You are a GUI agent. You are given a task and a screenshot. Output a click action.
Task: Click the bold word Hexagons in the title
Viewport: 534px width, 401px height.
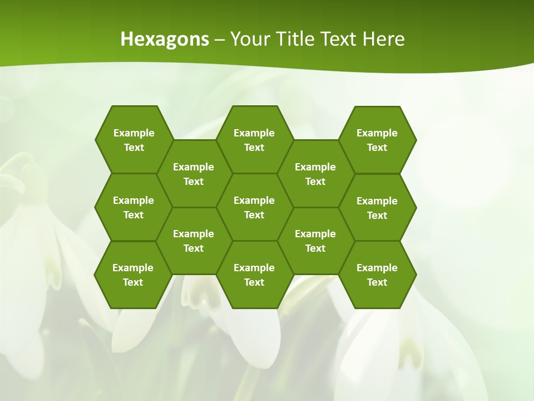pyautogui.click(x=165, y=39)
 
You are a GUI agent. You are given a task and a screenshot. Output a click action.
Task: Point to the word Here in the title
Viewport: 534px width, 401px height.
pyautogui.click(x=383, y=39)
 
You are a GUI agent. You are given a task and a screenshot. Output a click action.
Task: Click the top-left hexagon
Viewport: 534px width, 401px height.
pyautogui.click(x=133, y=140)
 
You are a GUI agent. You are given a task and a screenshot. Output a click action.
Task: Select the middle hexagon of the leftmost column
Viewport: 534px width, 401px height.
pyautogui.click(x=133, y=207)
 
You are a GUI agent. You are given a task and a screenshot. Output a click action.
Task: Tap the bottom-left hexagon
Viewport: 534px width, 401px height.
pyautogui.click(x=133, y=275)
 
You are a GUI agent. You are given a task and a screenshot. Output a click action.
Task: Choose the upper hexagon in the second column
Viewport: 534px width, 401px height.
pyautogui.click(x=194, y=174)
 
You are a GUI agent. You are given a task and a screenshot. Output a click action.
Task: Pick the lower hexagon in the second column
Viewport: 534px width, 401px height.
pyautogui.click(x=194, y=241)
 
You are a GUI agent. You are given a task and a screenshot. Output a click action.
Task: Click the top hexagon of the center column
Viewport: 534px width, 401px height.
pyautogui.click(x=254, y=140)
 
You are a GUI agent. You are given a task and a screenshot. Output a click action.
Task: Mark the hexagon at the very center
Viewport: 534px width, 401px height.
pyautogui.click(x=254, y=207)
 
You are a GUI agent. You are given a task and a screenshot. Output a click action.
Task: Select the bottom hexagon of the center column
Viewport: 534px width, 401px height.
pyautogui.click(x=254, y=275)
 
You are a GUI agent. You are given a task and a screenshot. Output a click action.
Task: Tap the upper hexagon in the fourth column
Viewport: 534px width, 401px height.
pyautogui.click(x=315, y=174)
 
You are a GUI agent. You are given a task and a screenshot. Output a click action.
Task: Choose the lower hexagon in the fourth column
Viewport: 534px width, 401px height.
pyautogui.click(x=315, y=241)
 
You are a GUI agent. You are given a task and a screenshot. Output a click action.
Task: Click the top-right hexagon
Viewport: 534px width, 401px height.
pyautogui.click(x=377, y=140)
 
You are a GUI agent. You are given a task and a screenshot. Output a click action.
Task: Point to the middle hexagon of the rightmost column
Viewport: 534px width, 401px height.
pyautogui.click(x=377, y=208)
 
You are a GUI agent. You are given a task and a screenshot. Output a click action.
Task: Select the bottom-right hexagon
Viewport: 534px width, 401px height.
pyautogui.click(x=377, y=275)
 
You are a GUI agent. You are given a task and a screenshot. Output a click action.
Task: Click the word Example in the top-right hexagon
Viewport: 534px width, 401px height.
pyautogui.click(x=377, y=133)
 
